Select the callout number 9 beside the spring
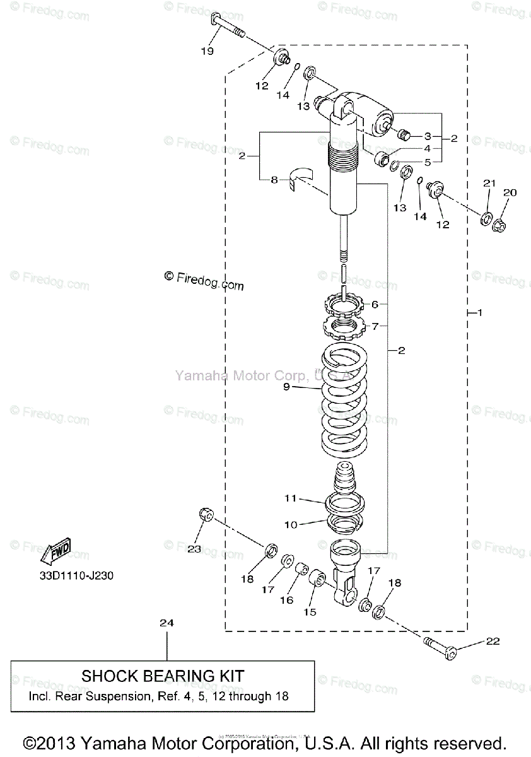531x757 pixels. pyautogui.click(x=286, y=387)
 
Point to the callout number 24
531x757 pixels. pyautogui.click(x=166, y=623)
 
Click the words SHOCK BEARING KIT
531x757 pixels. pyautogui.click(x=163, y=676)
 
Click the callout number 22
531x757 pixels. pyautogui.click(x=493, y=642)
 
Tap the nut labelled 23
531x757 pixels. pyautogui.click(x=205, y=515)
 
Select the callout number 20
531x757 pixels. pyautogui.click(x=510, y=192)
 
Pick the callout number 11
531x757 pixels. pyautogui.click(x=290, y=498)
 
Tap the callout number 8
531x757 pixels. pyautogui.click(x=274, y=180)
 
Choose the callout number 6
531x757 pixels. pyautogui.click(x=375, y=305)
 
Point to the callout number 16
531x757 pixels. pyautogui.click(x=287, y=600)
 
